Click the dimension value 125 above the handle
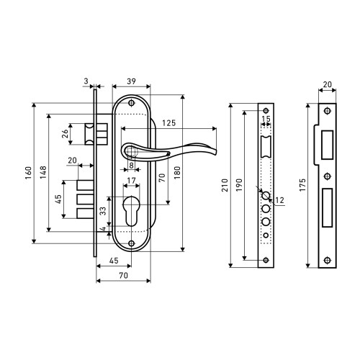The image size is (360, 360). coord(169,123)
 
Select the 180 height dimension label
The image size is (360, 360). coord(177,173)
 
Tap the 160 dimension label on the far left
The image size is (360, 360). coord(28,173)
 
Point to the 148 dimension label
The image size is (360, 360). coord(43,172)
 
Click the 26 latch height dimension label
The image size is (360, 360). coord(65,134)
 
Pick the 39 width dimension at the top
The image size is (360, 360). coord(131,81)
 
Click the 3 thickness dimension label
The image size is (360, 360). coord(86,81)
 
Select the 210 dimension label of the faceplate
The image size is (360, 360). coord(225,185)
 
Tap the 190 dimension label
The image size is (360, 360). coord(239,185)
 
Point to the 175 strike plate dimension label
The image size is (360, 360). coord(302,185)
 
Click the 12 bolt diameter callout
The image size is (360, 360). coord(279,200)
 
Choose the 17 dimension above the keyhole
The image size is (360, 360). coord(131,180)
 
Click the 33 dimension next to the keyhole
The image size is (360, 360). coord(103,211)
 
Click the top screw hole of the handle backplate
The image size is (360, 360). coord(131,103)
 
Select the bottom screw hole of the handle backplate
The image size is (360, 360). coord(131,243)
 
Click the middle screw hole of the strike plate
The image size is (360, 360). coord(327,176)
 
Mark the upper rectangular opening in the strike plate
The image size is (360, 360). coord(327,145)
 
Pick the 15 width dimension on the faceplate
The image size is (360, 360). coord(266,119)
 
